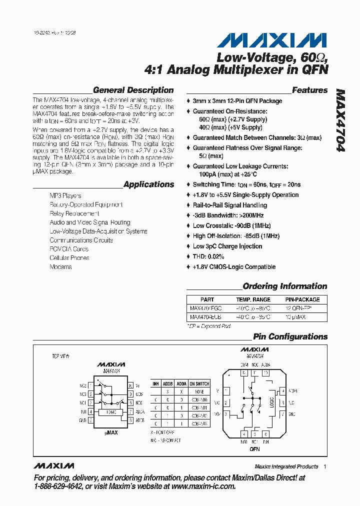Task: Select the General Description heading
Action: tap(133, 90)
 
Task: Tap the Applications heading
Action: tap(148, 184)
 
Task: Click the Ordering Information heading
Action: tap(284, 286)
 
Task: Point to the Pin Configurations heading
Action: tap(290, 336)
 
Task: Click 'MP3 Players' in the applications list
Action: tap(65, 196)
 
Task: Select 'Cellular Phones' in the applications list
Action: tap(69, 258)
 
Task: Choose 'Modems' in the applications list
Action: tap(60, 267)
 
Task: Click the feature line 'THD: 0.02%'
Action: tap(208, 256)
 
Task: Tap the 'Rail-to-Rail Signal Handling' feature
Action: tap(230, 205)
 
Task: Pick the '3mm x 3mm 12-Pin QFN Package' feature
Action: tap(237, 101)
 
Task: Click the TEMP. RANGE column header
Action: tap(253, 299)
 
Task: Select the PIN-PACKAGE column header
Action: tap(302, 299)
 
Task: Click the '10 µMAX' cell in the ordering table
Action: tap(295, 317)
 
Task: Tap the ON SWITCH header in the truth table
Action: tap(199, 384)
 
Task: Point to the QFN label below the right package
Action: tap(254, 449)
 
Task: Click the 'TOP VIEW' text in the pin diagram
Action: tap(60, 356)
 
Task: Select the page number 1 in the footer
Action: tap(324, 466)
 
